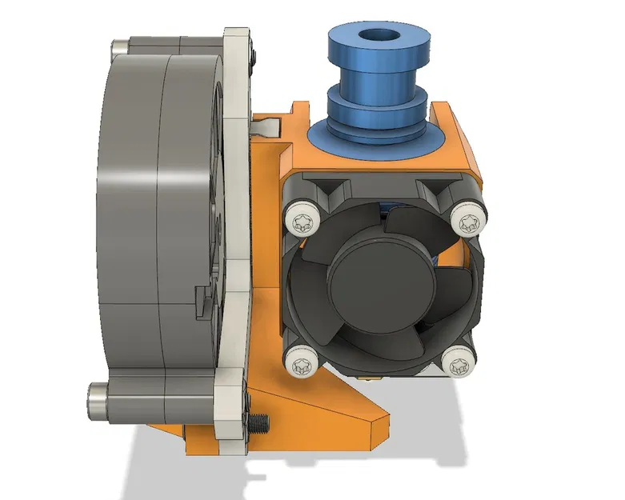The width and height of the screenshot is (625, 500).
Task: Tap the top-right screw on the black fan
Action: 467,218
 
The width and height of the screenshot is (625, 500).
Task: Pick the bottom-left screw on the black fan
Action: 302,365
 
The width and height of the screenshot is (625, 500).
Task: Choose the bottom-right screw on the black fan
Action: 459,367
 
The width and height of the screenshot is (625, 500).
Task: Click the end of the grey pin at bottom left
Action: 94,398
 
